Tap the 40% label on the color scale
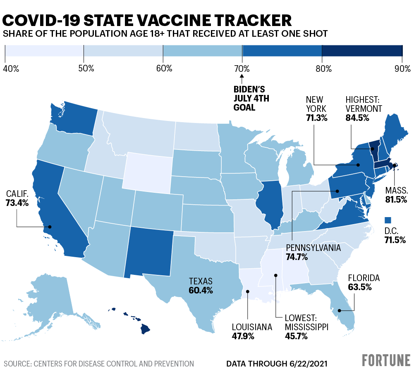pyautogui.click(x=11, y=69)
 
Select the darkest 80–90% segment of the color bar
pyautogui.click(x=362, y=51)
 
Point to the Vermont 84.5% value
pyautogui.click(x=357, y=118)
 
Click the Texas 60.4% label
pyautogui.click(x=201, y=286)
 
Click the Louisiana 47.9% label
pyautogui.click(x=252, y=331)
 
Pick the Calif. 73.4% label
pyautogui.click(x=17, y=198)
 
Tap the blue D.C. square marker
pyautogui.click(x=388, y=220)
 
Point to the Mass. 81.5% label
pyautogui.click(x=396, y=195)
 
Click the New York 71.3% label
pyautogui.click(x=316, y=109)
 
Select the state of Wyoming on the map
pyautogui.click(x=149, y=173)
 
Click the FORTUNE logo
pyautogui.click(x=386, y=360)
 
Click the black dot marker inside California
pyautogui.click(x=50, y=227)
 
